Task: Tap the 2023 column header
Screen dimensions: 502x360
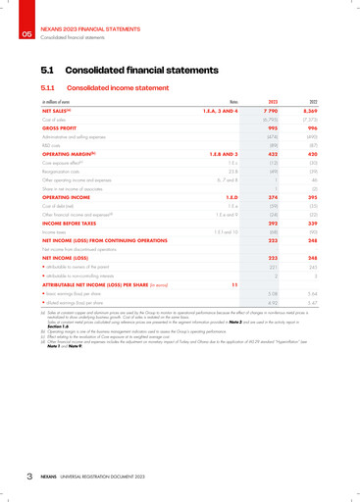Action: point(274,103)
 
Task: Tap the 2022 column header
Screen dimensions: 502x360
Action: point(312,103)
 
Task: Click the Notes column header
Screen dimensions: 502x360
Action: point(233,103)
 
